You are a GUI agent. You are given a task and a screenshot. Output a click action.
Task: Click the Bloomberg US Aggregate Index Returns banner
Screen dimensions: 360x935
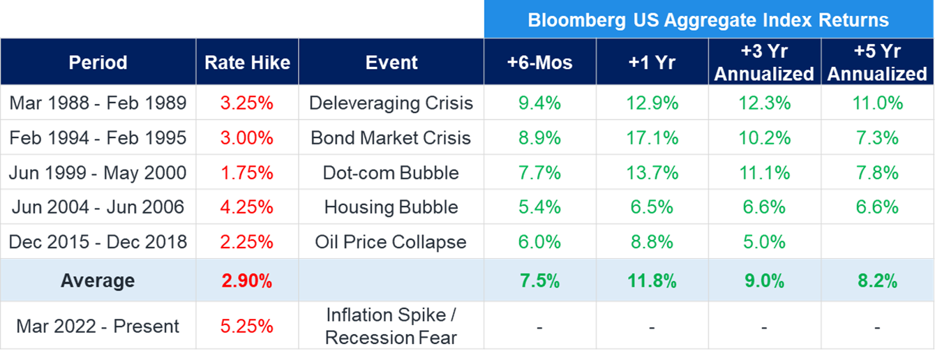coord(708,20)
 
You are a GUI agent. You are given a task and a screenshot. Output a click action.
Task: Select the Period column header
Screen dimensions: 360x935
coord(98,63)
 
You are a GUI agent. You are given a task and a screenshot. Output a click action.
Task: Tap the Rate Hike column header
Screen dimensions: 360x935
coord(247,63)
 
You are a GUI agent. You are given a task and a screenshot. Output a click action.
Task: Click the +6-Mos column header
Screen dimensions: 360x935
coord(539,63)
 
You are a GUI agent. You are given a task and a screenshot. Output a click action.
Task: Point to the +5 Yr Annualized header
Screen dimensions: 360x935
coord(877,63)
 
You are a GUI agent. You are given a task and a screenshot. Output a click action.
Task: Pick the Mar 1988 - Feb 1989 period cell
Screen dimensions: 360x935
coord(98,103)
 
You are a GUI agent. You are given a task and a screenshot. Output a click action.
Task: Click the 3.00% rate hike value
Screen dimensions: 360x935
coord(247,138)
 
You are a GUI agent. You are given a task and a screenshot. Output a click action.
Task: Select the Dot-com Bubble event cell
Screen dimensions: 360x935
coord(391,173)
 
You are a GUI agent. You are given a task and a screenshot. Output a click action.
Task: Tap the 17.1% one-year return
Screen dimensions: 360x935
coord(652,138)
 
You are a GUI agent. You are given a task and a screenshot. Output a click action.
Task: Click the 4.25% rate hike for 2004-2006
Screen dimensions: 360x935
coord(247,207)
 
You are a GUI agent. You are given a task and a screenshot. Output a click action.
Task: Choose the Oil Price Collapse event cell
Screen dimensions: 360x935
coord(391,242)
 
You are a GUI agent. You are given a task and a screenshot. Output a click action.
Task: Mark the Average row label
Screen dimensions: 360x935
coord(98,281)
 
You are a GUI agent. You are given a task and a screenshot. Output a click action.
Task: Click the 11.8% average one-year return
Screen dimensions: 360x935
coord(652,281)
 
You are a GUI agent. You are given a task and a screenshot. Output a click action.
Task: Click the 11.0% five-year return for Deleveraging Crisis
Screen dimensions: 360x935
coord(877,103)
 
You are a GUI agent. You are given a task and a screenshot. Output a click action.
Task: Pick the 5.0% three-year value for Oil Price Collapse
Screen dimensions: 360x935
coord(764,242)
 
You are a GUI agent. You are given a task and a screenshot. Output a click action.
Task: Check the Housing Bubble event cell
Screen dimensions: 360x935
coord(391,207)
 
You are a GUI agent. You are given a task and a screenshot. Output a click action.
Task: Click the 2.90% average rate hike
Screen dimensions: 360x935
coord(247,281)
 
